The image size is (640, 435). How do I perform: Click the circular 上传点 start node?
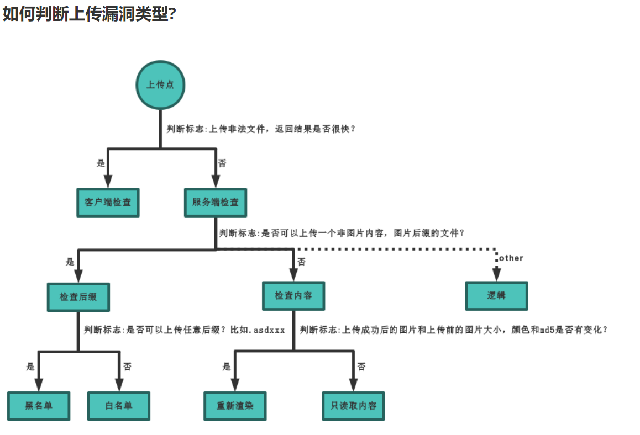click(x=160, y=85)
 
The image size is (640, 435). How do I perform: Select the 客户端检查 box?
click(x=108, y=203)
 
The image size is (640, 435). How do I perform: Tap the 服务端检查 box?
click(x=215, y=203)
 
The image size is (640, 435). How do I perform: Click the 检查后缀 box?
click(x=78, y=297)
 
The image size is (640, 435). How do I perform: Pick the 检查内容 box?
click(x=293, y=296)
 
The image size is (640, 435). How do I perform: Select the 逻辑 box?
click(x=496, y=296)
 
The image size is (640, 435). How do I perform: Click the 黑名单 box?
click(x=39, y=406)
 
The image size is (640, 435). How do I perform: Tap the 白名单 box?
click(x=118, y=406)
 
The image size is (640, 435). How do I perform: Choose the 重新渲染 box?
click(x=235, y=406)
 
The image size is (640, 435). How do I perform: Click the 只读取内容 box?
click(x=353, y=406)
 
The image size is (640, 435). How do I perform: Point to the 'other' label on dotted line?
click(x=511, y=258)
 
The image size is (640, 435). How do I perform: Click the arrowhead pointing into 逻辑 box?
click(x=496, y=274)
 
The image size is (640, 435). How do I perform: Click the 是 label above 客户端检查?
click(x=101, y=163)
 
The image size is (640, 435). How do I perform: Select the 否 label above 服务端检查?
click(x=222, y=163)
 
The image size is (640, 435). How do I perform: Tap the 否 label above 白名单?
click(x=127, y=367)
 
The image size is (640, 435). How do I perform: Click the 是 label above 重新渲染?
click(x=226, y=367)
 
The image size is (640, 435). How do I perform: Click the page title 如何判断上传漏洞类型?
click(x=89, y=14)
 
